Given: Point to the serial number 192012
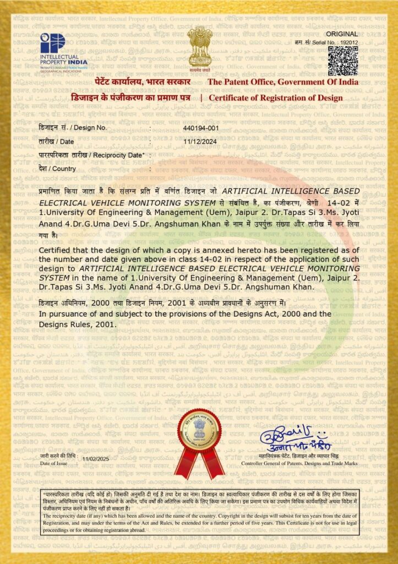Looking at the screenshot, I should (348, 42).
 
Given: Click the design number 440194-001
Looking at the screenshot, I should (201, 128).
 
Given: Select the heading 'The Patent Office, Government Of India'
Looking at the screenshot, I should (282, 82).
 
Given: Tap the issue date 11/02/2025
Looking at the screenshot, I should (96, 459).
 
